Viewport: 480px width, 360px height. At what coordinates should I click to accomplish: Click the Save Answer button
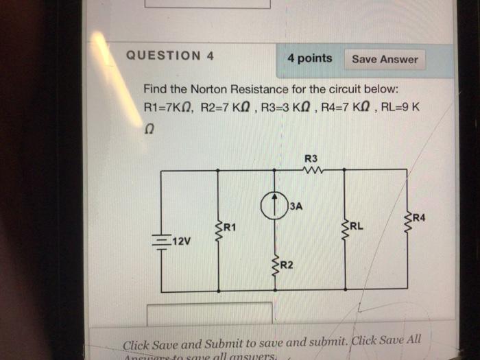coord(384,59)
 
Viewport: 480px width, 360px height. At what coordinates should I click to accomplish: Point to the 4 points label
coord(310,58)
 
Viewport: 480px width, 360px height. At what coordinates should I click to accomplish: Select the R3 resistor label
coord(310,158)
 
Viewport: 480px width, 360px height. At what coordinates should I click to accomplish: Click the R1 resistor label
coord(228,227)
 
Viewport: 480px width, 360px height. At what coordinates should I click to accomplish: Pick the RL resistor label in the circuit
coord(358,225)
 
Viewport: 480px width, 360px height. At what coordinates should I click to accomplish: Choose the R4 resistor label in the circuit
coord(419,218)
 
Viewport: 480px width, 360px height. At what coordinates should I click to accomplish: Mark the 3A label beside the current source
coord(296,205)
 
